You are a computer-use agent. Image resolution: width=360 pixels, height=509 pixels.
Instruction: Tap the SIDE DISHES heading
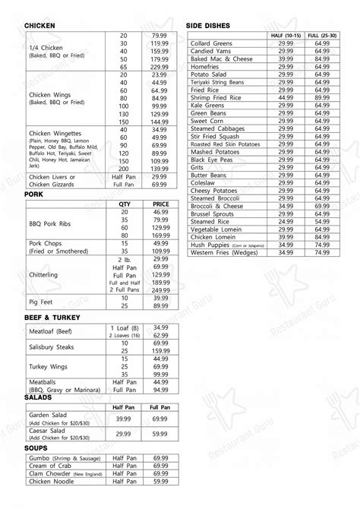click(208, 26)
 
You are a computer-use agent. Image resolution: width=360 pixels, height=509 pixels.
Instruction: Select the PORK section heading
click(34, 195)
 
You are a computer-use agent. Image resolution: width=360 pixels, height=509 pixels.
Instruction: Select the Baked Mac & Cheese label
click(222, 58)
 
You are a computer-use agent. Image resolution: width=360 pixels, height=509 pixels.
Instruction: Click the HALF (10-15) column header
click(286, 36)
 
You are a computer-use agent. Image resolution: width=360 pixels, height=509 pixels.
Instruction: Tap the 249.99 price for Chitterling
click(159, 289)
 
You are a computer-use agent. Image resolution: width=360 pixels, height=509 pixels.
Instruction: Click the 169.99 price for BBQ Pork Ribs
click(159, 236)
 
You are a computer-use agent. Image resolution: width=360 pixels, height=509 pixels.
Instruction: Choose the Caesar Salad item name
click(49, 429)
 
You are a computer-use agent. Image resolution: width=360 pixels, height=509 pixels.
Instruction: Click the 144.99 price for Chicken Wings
click(159, 122)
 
